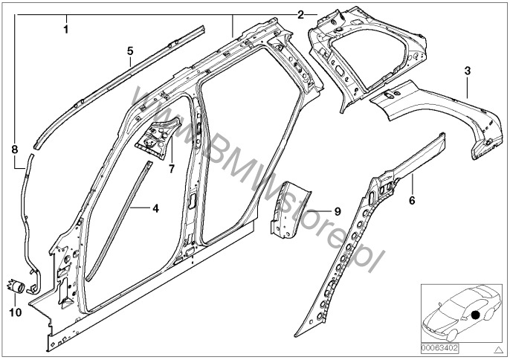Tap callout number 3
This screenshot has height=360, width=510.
click(x=466, y=71)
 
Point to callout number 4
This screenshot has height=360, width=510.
click(x=155, y=209)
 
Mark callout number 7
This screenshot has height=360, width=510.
click(x=171, y=169)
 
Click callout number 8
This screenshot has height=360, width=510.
click(x=14, y=150)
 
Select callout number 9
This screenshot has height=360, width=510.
click(x=337, y=212)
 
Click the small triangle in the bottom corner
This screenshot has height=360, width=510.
click(x=499, y=349)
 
